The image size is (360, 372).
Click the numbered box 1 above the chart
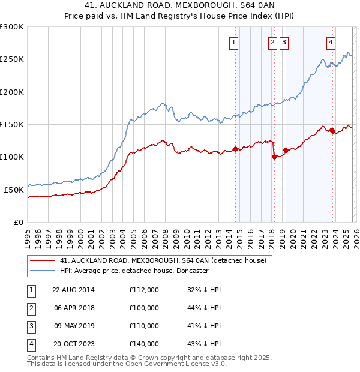(x=233, y=42)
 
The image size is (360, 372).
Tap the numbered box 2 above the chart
(x=272, y=42)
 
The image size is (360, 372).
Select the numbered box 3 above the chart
(x=284, y=42)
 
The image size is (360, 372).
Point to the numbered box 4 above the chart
(x=331, y=42)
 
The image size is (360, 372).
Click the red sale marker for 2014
(x=235, y=149)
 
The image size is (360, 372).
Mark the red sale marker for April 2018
(x=274, y=157)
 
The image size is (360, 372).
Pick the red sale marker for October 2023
(x=332, y=131)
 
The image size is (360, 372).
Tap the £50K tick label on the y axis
(x=14, y=190)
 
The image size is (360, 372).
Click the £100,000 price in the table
(x=144, y=308)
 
